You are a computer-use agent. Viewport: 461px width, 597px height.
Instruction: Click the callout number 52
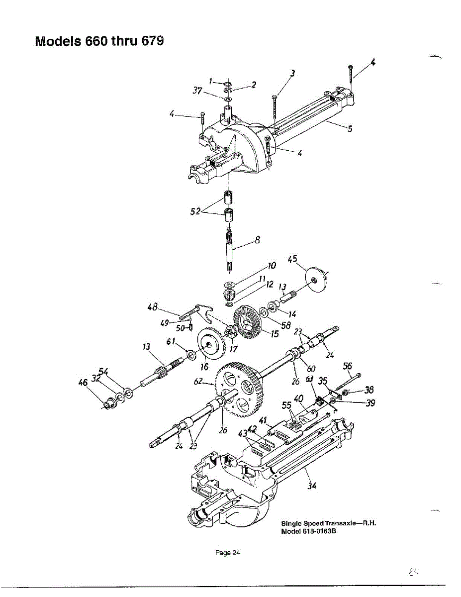click(x=195, y=211)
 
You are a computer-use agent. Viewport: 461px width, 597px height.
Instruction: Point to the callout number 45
click(x=293, y=259)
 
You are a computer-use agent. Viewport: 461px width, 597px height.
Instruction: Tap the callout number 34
click(x=312, y=486)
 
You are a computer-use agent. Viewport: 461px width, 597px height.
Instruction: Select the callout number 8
click(x=258, y=240)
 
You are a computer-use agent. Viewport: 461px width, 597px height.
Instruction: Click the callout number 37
click(x=197, y=90)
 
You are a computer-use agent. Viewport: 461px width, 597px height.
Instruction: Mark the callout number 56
click(x=347, y=366)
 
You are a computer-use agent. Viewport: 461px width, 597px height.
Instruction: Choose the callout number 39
click(x=369, y=403)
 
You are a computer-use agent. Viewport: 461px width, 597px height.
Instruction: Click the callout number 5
click(x=350, y=128)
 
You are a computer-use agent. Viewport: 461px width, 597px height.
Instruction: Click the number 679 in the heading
click(x=152, y=40)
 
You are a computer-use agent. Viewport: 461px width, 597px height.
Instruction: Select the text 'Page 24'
click(x=228, y=553)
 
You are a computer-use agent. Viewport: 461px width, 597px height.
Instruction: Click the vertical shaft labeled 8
click(x=230, y=247)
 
